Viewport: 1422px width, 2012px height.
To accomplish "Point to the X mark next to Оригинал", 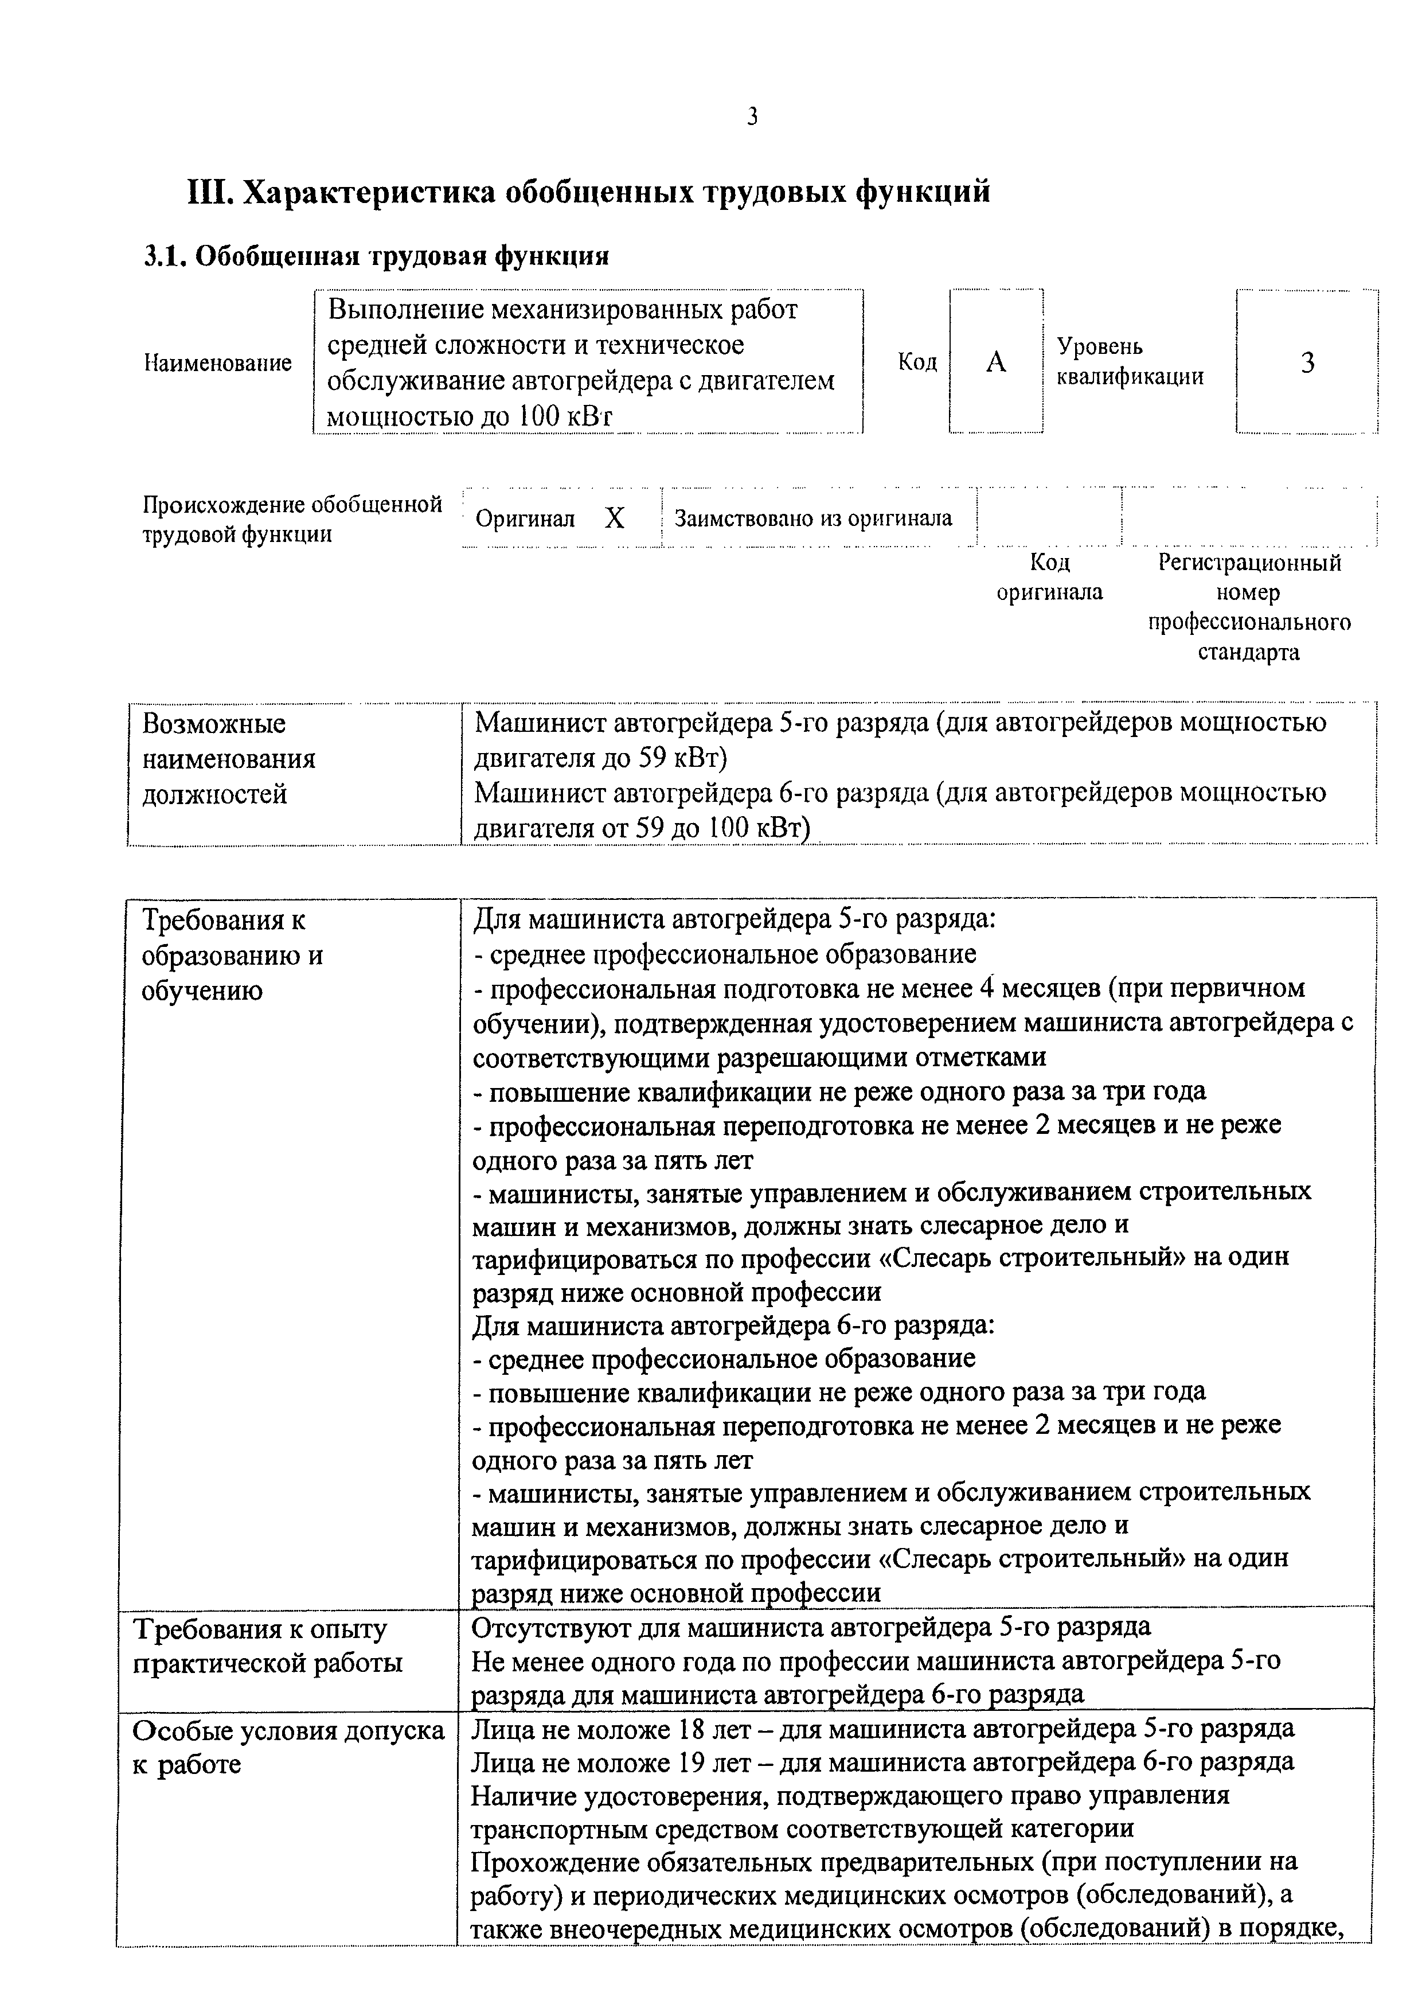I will coord(615,519).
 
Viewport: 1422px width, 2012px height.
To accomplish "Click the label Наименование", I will coord(217,363).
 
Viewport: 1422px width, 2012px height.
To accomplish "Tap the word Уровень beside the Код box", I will coord(1100,346).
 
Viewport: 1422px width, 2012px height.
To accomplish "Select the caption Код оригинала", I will coord(1050,576).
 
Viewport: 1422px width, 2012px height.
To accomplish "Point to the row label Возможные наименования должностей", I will coord(228,759).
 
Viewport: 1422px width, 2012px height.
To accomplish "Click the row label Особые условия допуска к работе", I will coord(287,1746).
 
